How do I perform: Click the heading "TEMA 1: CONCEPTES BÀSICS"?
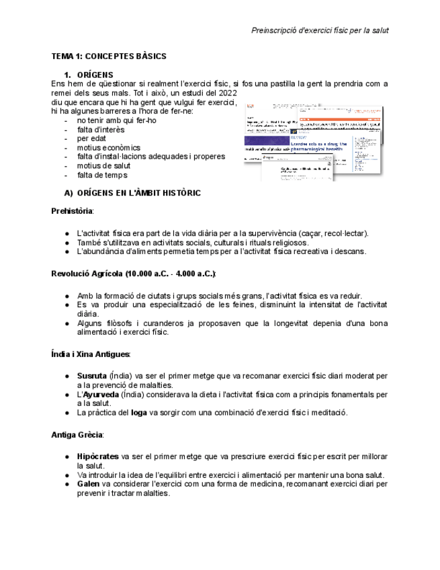(109, 56)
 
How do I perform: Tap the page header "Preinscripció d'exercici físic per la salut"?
(320, 30)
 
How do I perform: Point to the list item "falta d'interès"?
(100, 130)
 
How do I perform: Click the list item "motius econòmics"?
(108, 148)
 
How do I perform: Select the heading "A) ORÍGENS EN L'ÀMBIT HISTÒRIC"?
(132, 193)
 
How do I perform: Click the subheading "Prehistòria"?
(73, 211)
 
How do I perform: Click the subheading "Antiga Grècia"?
(77, 435)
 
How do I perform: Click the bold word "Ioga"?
(138, 413)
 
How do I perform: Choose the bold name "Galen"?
(88, 484)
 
